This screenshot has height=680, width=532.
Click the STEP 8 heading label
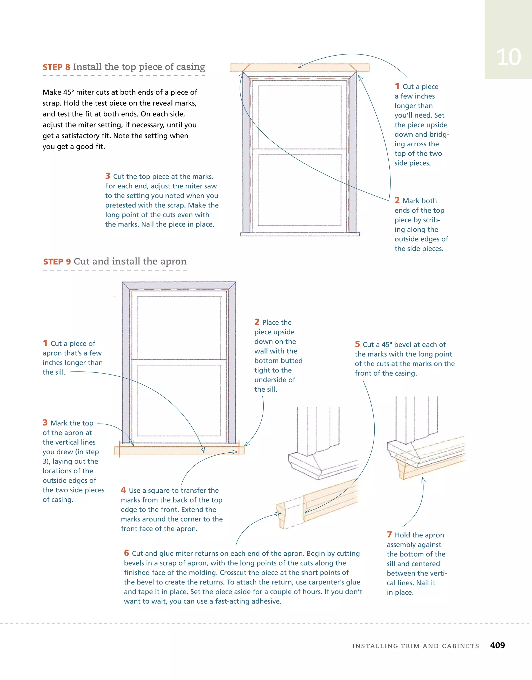(56, 67)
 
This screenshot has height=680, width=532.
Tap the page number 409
(497, 645)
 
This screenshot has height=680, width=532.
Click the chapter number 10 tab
(508, 57)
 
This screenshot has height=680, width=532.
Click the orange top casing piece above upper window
(299, 67)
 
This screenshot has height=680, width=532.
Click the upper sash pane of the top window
(300, 117)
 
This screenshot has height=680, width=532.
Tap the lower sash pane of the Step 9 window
(179, 400)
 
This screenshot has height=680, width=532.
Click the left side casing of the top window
(246, 153)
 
